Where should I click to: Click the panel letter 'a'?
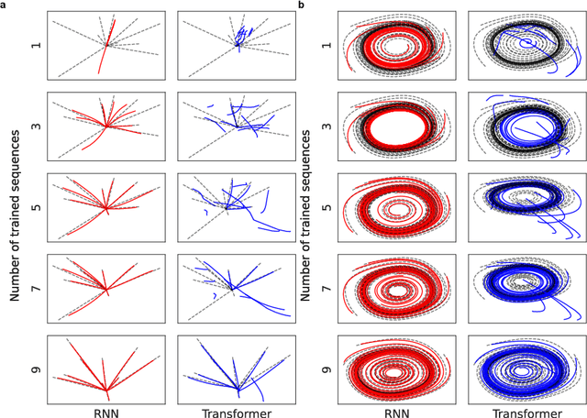click(4, 5)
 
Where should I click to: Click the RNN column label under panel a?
click(106, 410)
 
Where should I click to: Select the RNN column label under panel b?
click(397, 410)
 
